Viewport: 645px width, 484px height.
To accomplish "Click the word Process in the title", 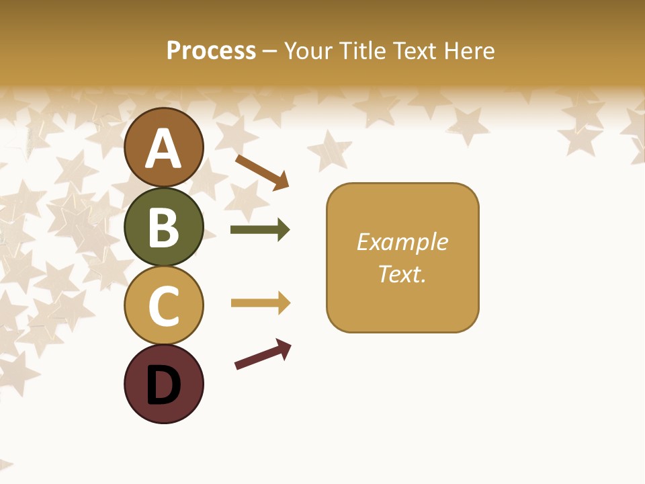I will pyautogui.click(x=211, y=50).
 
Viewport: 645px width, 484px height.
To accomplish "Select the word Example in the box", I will pyautogui.click(x=402, y=242).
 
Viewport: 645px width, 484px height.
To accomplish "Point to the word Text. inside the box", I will pyautogui.click(x=402, y=274).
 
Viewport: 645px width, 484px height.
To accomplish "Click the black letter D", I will pyautogui.click(x=163, y=385).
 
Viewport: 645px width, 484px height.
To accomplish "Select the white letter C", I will pyautogui.click(x=163, y=306).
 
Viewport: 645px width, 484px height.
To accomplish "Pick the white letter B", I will pyautogui.click(x=163, y=227).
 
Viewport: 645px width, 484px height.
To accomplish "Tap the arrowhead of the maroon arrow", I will pyautogui.click(x=285, y=348).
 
